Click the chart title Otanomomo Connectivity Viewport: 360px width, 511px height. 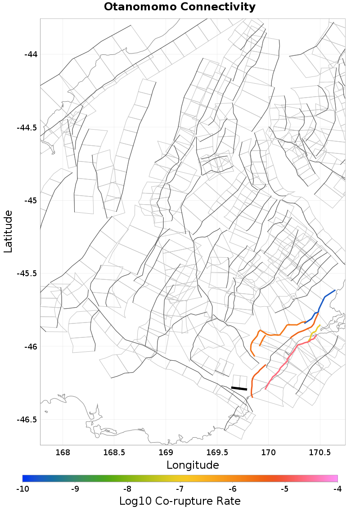click(x=180, y=7)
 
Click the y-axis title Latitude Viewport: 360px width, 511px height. click(x=8, y=231)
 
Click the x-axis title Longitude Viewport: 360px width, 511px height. click(x=193, y=465)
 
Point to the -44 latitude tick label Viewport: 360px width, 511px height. click(x=31, y=54)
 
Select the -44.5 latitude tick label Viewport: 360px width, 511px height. click(x=27, y=128)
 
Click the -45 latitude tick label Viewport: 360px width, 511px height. click(x=31, y=201)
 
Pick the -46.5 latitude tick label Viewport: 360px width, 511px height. click(x=27, y=420)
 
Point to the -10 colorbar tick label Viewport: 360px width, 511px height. click(x=23, y=488)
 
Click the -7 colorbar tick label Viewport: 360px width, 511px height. click(x=180, y=488)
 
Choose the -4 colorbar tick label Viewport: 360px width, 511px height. click(x=337, y=488)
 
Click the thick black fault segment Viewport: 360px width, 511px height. click(x=239, y=388)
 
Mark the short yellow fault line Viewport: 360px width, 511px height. click(x=312, y=333)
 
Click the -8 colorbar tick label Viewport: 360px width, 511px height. click(x=128, y=488)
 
